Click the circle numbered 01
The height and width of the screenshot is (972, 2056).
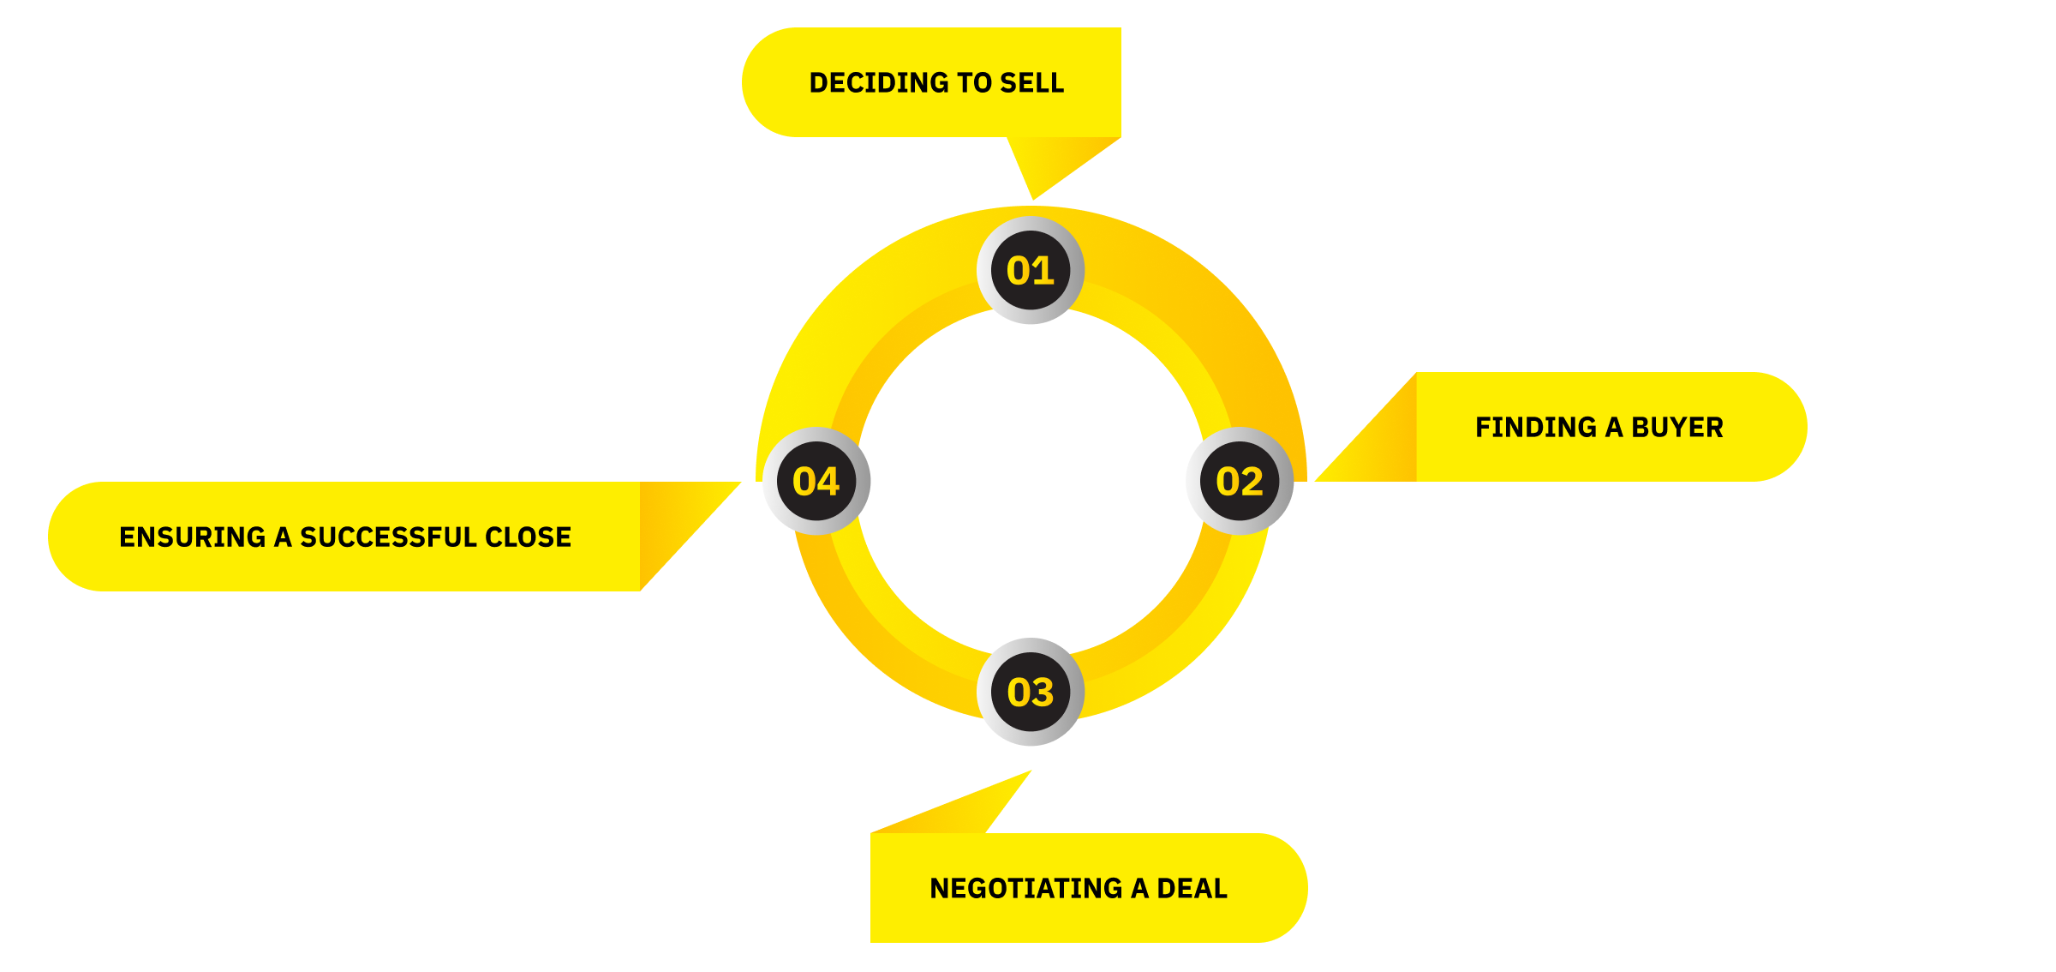1031,270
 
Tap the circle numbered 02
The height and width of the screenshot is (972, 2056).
1240,481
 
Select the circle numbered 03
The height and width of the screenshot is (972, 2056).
1031,692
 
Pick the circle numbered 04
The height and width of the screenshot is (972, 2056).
816,481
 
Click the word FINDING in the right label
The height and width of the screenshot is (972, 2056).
1536,427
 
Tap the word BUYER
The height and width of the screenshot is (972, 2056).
1677,427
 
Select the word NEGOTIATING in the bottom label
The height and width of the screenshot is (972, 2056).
1026,888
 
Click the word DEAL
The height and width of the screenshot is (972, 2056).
1192,888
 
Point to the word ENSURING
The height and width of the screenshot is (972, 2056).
193,537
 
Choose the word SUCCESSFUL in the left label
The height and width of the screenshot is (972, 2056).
388,537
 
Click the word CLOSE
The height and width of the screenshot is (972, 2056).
529,537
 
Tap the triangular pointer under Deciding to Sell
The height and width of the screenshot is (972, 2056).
1054,159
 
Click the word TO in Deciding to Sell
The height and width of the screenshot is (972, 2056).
974,83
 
